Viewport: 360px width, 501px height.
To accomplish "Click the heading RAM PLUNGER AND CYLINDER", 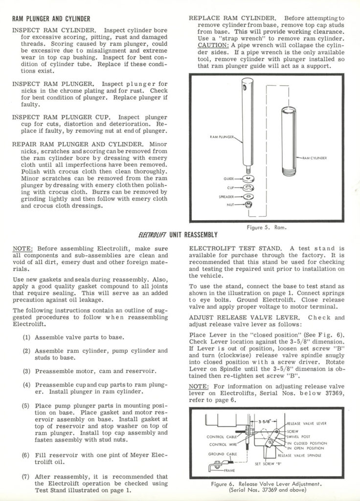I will click(51, 19).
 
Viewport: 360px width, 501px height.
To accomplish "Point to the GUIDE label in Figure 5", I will click(229, 179).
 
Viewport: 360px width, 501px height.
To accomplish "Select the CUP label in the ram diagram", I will click(231, 187).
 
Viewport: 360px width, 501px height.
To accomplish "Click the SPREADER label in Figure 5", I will click(226, 196).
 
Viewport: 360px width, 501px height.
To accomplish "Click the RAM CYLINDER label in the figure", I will click(314, 158).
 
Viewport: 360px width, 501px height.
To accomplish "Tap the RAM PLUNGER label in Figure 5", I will click(222, 137).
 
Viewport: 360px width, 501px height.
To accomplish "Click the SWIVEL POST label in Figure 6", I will click(299, 436).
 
